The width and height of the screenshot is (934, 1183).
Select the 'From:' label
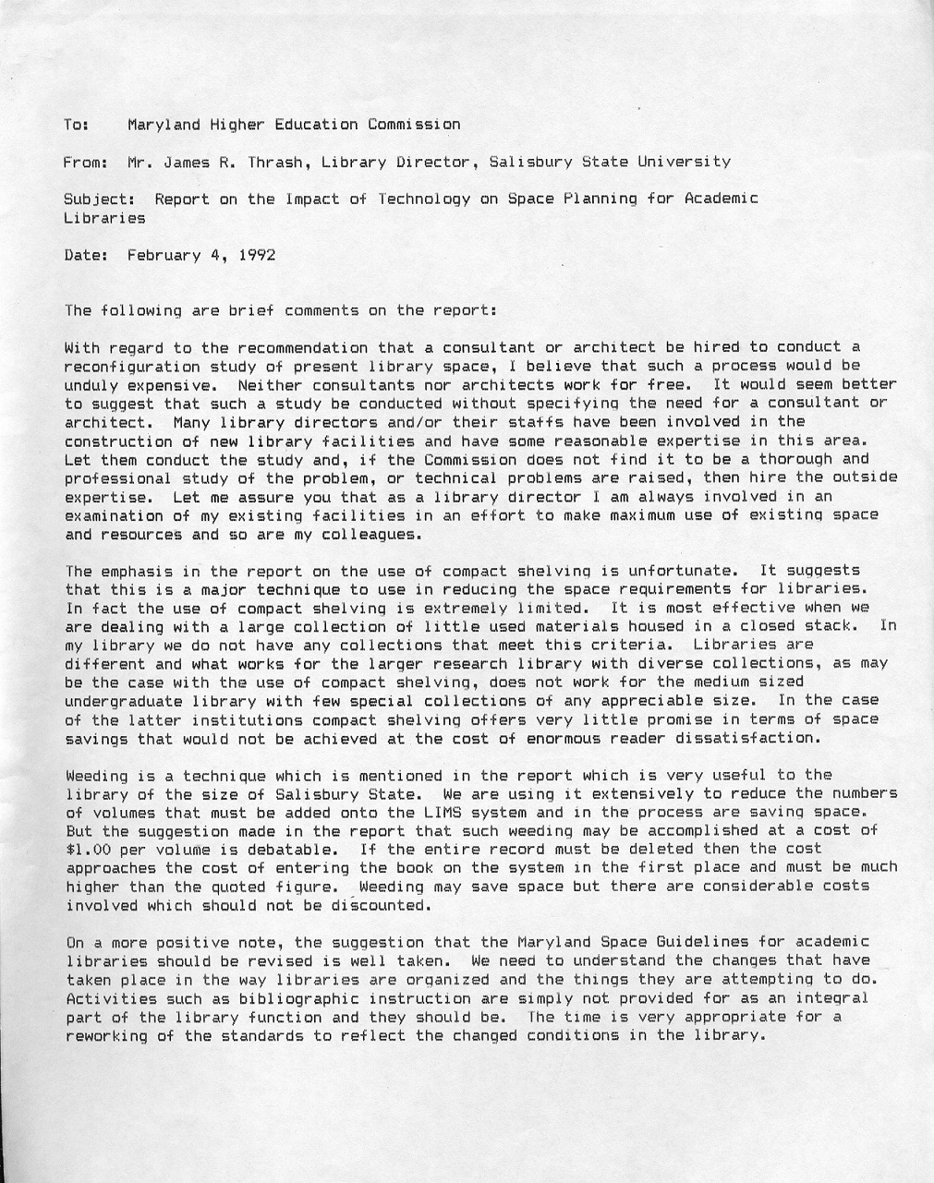tap(86, 162)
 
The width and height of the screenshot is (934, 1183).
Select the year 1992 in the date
tap(257, 255)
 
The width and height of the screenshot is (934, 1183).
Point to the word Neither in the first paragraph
tap(271, 384)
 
